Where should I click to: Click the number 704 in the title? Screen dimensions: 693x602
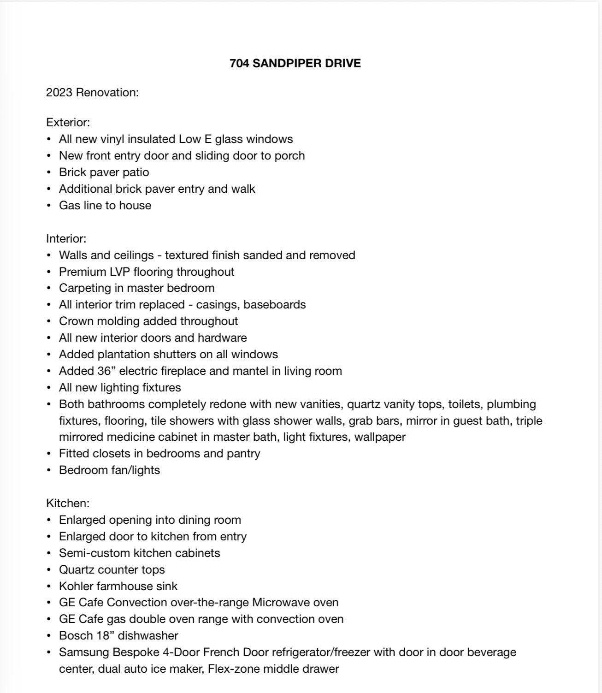(239, 64)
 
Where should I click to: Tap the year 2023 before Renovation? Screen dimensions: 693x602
(59, 93)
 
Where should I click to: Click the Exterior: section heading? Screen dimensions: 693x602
(68, 123)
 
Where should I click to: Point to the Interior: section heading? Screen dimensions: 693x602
(66, 239)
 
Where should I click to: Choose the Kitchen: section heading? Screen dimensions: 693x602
(68, 503)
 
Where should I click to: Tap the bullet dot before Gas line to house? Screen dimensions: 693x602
(49, 206)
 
